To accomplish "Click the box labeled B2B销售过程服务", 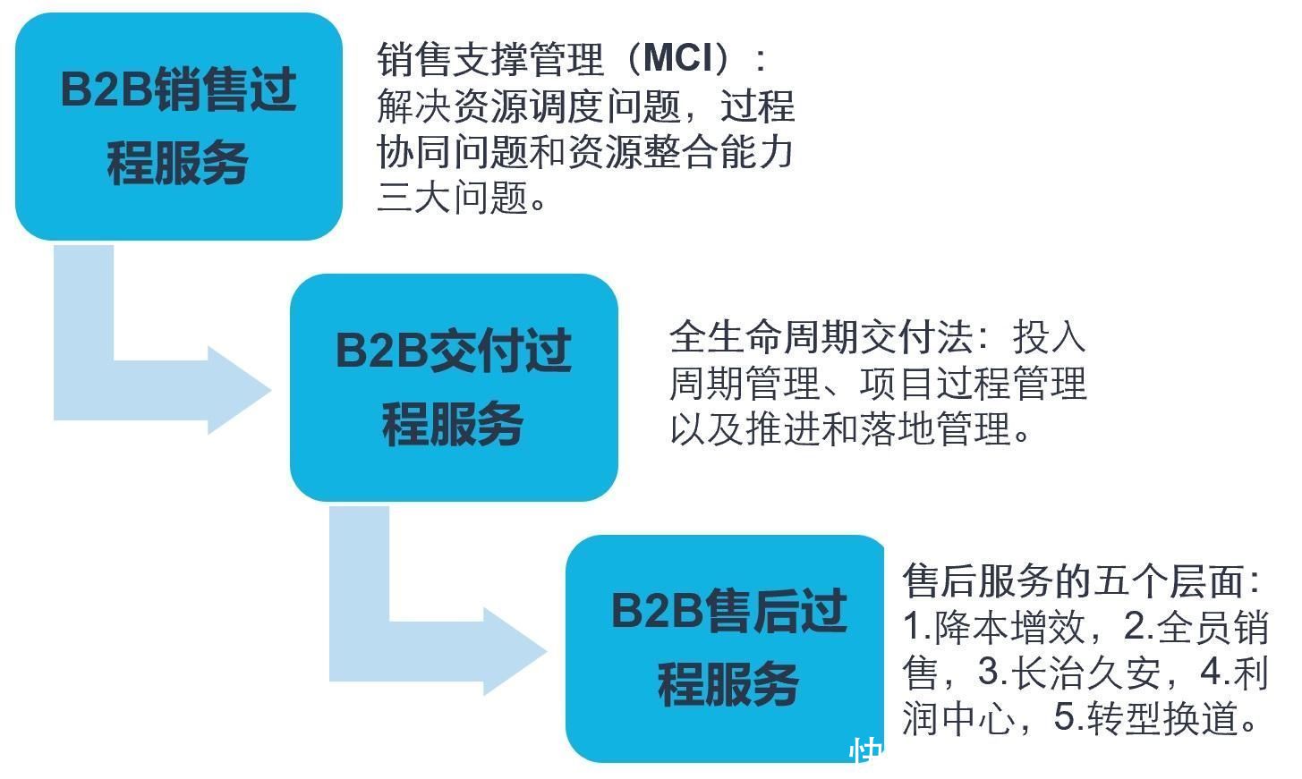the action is point(178,127).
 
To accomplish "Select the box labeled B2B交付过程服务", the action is point(454,387).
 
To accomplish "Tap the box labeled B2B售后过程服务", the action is point(725,648).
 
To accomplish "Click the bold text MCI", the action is point(678,58).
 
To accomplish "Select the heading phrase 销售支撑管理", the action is point(490,59).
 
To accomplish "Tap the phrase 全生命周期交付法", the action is point(821,336).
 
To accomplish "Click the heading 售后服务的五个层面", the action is point(1073,580).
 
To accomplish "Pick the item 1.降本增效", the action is point(994,627).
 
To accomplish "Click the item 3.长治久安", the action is point(1069,673).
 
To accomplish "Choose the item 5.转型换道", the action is point(1145,718).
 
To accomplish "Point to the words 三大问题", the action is point(452,197).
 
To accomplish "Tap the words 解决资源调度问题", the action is point(528,106).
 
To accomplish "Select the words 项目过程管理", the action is point(973,383).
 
